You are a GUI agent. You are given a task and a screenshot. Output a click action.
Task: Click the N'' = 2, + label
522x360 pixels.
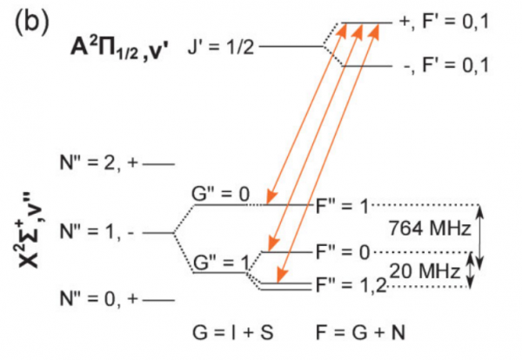pyautogui.click(x=97, y=163)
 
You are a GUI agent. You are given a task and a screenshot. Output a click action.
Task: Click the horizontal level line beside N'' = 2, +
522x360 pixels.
pyautogui.click(x=160, y=163)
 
